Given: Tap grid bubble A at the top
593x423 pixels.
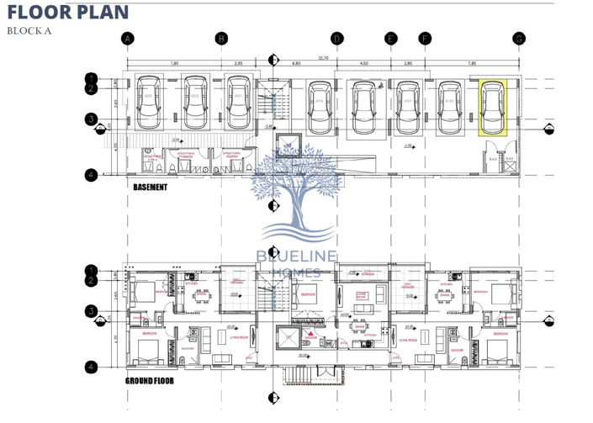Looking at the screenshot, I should (127, 39).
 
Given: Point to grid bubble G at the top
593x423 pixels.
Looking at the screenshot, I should (519, 39).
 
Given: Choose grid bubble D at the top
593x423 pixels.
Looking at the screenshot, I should (336, 39).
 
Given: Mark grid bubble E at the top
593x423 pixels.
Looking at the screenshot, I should (390, 39).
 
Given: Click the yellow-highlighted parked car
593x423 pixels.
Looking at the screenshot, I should (491, 108).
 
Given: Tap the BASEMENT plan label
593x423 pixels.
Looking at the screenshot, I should (151, 188).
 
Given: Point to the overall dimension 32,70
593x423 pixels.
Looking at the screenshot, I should (323, 58).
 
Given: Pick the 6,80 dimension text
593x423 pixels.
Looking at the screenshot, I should (297, 63).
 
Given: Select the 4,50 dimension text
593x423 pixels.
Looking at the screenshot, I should (363, 63).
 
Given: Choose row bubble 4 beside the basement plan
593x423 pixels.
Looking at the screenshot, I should (91, 174).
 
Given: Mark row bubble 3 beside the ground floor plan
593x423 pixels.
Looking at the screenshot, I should (91, 312).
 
